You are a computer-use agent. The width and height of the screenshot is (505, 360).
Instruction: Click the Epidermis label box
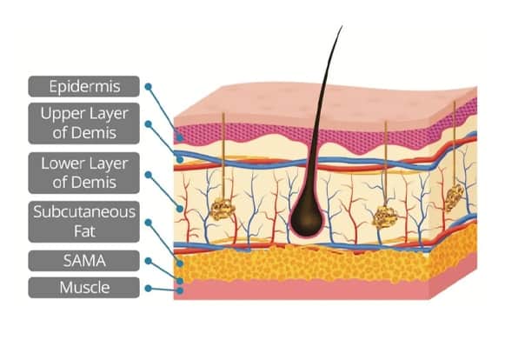coord(84,86)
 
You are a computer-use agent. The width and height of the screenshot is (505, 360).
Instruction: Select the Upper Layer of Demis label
coord(84,123)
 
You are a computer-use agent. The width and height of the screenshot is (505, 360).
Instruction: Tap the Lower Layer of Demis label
coord(84,173)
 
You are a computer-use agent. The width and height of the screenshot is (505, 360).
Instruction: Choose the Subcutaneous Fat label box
coord(84,222)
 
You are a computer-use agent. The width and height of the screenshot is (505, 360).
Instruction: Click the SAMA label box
coord(84,261)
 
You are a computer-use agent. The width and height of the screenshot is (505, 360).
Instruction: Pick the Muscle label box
coord(84,288)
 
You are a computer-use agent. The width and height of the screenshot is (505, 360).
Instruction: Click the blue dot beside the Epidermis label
coord(148,86)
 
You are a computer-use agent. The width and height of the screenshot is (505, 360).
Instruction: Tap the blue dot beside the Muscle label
coord(148,288)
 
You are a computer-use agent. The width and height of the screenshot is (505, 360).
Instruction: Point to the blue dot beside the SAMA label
coord(148,261)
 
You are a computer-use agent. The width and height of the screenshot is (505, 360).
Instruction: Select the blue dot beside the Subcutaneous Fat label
coord(148,223)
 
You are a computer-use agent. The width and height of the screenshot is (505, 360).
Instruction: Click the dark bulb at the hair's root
coord(306,218)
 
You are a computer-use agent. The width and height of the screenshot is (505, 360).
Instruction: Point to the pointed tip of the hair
coord(342,26)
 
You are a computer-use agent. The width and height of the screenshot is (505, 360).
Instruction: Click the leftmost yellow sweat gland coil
coord(223,210)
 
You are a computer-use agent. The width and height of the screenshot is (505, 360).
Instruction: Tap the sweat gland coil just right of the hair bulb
coord(385,217)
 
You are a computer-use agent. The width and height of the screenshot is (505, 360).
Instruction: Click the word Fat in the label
coord(84,231)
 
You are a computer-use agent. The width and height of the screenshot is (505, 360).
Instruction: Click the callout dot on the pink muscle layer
coord(180,290)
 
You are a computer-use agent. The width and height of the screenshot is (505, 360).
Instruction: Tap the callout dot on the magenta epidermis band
coord(180,138)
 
